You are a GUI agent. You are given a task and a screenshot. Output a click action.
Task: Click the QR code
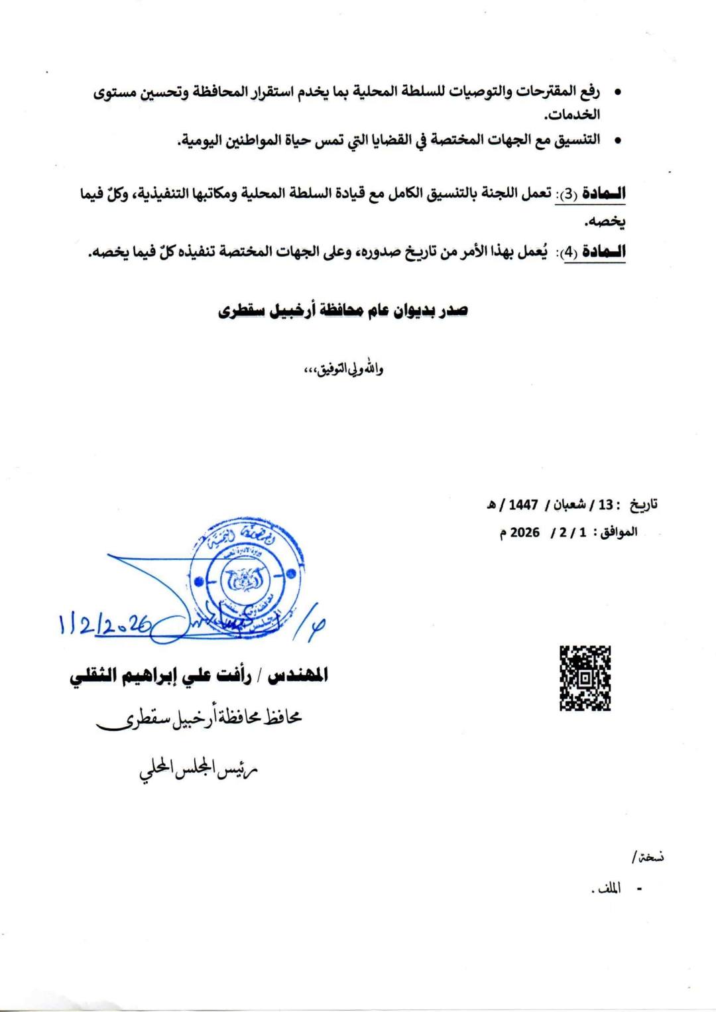585,678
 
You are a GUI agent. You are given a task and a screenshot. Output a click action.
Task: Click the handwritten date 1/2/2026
105,624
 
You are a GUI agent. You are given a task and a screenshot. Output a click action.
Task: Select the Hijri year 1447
523,505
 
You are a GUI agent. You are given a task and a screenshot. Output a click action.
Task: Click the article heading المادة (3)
590,194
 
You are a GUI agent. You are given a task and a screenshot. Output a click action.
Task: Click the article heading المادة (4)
594,252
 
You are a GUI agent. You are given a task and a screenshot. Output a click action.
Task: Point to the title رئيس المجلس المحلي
198,769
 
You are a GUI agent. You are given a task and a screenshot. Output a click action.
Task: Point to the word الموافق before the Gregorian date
619,533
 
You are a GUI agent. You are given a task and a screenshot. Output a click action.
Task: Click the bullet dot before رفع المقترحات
617,92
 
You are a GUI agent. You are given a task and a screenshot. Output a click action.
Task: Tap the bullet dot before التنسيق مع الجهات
617,140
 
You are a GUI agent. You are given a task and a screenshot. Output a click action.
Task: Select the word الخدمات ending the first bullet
572,114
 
